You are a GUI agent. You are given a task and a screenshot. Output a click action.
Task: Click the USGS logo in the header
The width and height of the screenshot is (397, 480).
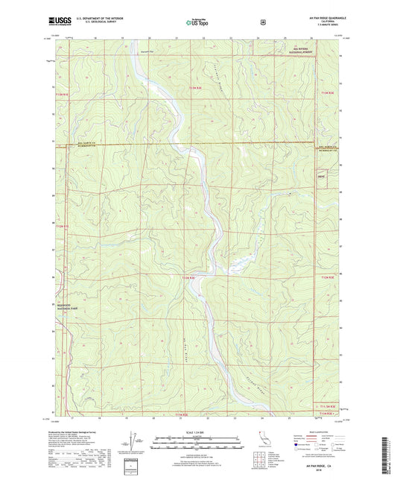[57, 21]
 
